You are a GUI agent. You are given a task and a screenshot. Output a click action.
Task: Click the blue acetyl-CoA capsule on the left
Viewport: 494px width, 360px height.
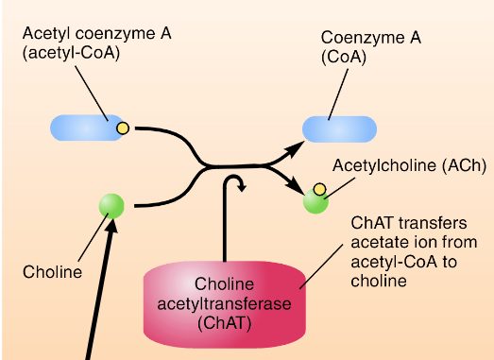pos(85,128)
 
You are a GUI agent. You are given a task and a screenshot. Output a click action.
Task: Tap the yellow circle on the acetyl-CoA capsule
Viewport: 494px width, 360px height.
pos(122,128)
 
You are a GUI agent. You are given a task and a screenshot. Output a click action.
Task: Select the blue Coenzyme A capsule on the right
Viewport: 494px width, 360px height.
pos(339,129)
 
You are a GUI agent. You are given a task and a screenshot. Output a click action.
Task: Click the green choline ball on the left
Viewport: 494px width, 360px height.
pos(112,204)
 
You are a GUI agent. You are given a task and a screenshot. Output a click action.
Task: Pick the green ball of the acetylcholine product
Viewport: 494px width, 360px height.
pos(315,199)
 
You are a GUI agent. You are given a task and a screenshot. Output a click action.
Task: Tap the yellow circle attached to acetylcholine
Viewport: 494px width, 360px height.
pos(320,190)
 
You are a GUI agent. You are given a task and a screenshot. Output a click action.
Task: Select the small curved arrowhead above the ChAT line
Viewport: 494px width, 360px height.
pos(242,186)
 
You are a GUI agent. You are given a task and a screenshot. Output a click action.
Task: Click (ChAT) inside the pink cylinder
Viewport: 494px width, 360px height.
pos(225,322)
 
